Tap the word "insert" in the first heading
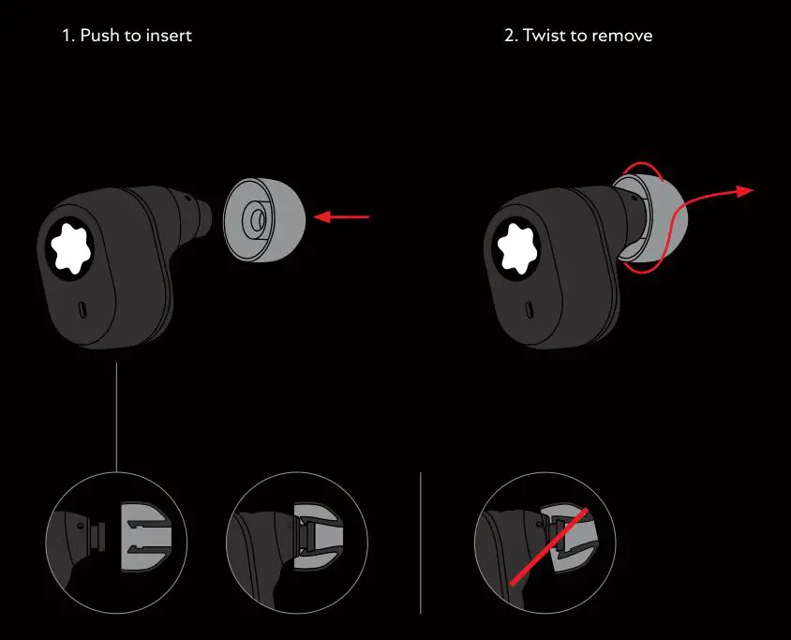pyautogui.click(x=171, y=36)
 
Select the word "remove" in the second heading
pyautogui.click(x=623, y=36)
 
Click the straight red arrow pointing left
pyautogui.click(x=342, y=218)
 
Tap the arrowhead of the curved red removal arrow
pyautogui.click(x=746, y=191)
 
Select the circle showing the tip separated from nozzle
pyautogui.click(x=116, y=543)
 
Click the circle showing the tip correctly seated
pyautogui.click(x=296, y=543)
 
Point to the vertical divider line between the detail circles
pyautogui.click(x=421, y=543)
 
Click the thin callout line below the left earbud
pyautogui.click(x=116, y=417)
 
